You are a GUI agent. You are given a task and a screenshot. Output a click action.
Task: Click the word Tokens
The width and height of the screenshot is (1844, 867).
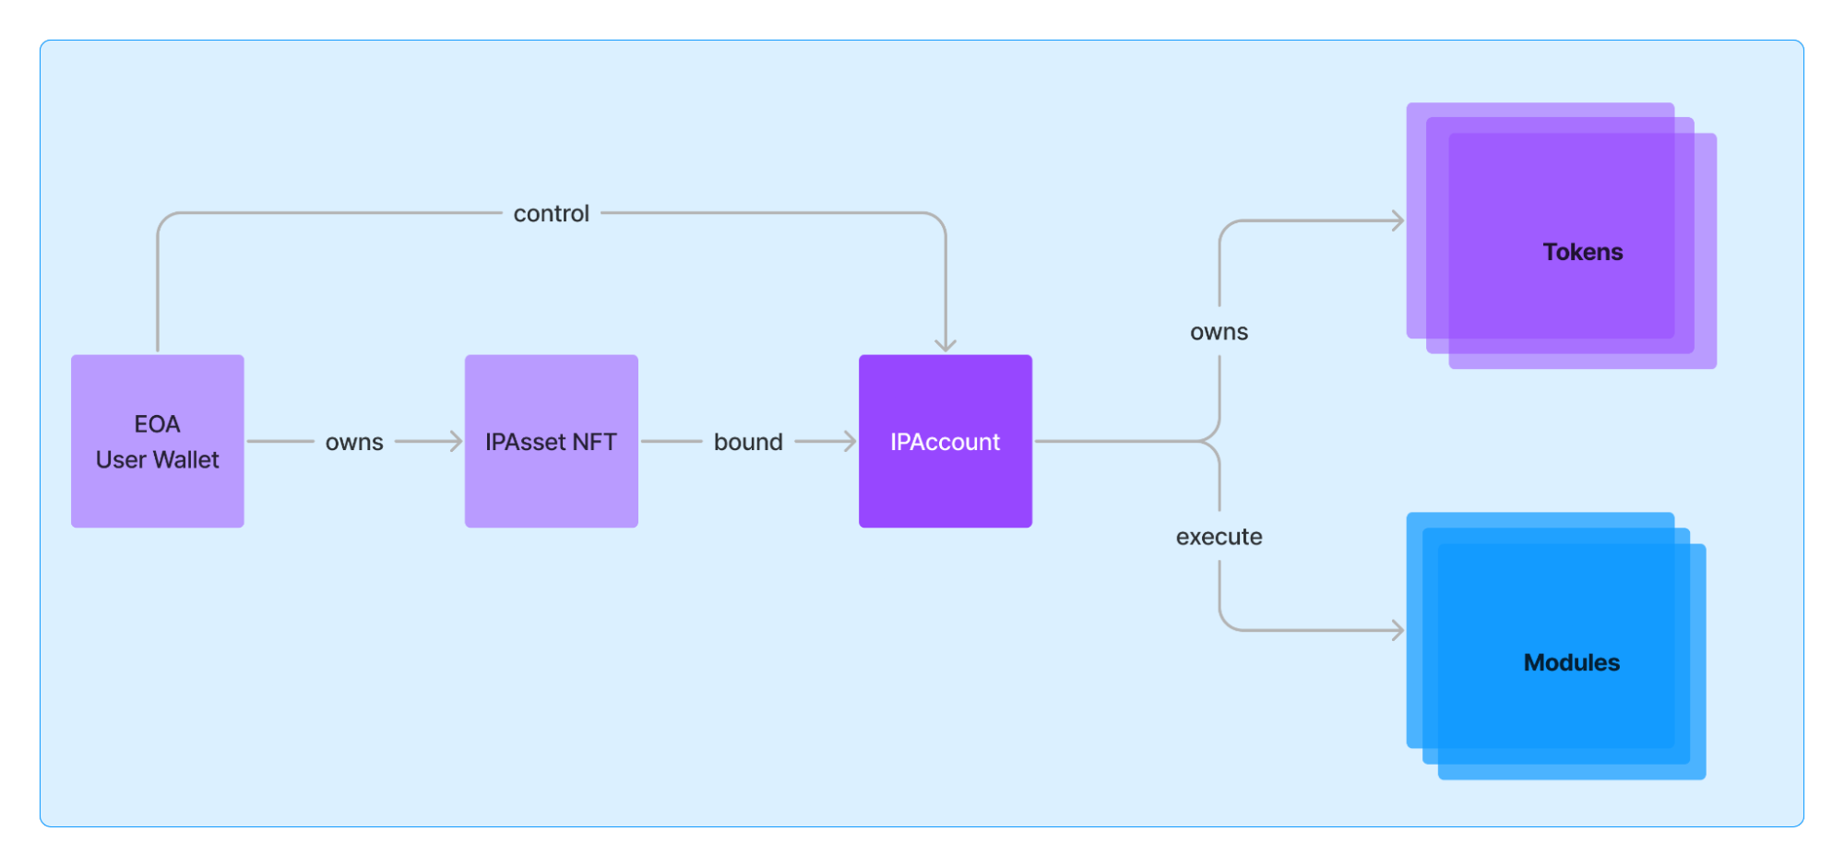[x=1582, y=252]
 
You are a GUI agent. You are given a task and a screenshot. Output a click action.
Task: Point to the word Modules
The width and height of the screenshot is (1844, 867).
[x=1571, y=662]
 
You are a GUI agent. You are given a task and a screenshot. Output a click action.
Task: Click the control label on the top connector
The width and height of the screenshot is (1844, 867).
[x=551, y=213]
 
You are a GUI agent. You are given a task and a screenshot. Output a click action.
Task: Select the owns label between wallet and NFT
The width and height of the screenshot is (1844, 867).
[x=354, y=442]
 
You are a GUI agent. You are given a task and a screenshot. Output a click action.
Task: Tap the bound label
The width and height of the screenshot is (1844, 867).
[x=748, y=442]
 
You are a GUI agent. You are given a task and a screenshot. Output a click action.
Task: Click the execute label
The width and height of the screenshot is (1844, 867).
[x=1219, y=537]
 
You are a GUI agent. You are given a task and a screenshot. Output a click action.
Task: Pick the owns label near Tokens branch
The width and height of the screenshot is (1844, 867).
[x=1219, y=332]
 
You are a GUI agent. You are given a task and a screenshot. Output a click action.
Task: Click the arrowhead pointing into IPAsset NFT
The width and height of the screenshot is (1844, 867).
[x=457, y=442]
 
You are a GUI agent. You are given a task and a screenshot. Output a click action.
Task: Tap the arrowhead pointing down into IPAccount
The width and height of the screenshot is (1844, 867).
[x=945, y=346]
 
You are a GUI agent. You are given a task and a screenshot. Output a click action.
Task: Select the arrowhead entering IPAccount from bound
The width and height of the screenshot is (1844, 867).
[x=851, y=442]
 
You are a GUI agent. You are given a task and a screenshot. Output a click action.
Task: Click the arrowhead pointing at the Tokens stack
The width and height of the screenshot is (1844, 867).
[x=1398, y=220]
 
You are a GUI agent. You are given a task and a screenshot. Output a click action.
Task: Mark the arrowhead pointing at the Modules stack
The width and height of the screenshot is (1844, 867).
[x=1398, y=631]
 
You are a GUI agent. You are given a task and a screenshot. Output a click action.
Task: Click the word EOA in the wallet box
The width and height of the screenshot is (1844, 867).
[x=157, y=424]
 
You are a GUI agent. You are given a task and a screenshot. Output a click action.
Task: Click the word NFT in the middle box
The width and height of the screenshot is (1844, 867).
[x=594, y=442]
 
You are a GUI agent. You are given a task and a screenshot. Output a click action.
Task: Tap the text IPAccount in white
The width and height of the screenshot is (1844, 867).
[x=945, y=442]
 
